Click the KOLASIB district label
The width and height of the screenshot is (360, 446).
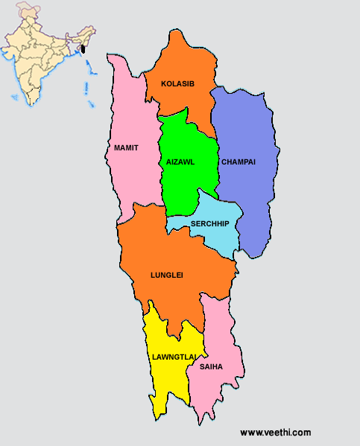tap(177, 84)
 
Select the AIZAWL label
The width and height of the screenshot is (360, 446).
tap(180, 162)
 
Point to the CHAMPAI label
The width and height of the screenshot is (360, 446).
tap(239, 162)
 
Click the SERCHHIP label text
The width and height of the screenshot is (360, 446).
tap(209, 223)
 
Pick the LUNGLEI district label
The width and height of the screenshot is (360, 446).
tap(166, 275)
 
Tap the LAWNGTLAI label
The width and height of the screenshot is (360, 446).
tap(174, 357)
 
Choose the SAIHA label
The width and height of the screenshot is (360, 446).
tap(211, 366)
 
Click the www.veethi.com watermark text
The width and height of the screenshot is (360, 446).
tap(275, 432)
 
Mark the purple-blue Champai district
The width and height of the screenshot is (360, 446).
tap(250, 194)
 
